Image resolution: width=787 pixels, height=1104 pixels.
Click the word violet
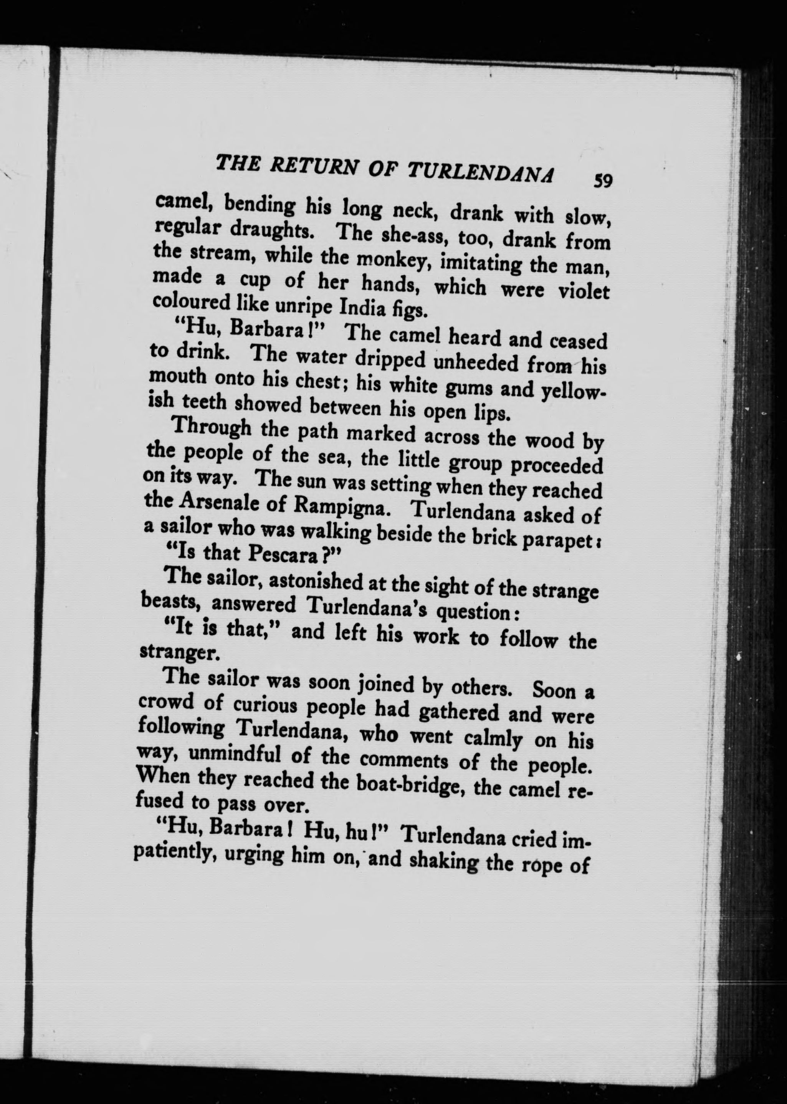[x=584, y=294]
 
